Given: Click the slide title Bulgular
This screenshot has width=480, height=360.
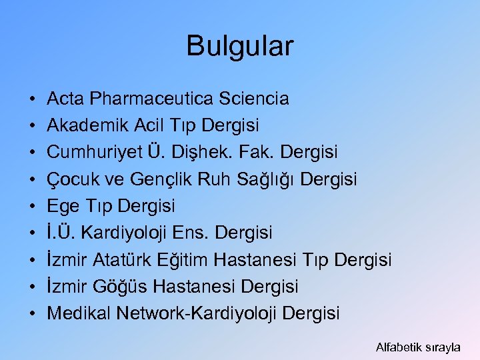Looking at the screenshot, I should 239,46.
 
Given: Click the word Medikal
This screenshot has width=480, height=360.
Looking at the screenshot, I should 79,313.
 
